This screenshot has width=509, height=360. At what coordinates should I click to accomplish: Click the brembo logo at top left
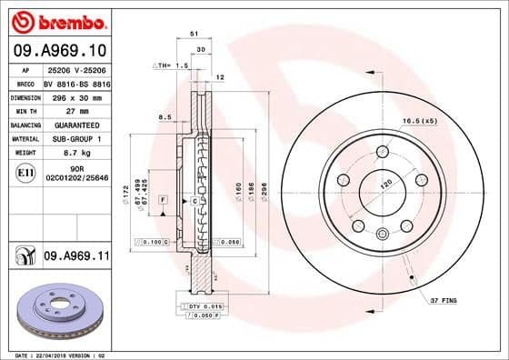[x=56, y=19]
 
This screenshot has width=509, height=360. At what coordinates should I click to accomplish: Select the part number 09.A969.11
[x=75, y=258]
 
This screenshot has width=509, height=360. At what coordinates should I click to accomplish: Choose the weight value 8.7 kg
[x=65, y=154]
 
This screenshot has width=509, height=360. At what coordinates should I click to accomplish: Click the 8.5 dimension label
[x=165, y=116]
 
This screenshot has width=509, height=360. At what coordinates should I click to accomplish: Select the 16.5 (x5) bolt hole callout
[x=419, y=120]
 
